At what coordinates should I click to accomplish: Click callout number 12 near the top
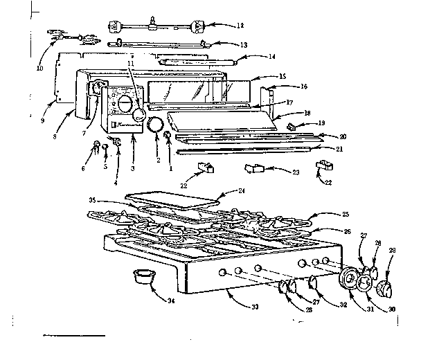click(x=240, y=26)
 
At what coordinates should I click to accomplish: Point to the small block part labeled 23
click(x=253, y=168)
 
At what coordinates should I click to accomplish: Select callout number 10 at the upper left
click(x=39, y=69)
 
